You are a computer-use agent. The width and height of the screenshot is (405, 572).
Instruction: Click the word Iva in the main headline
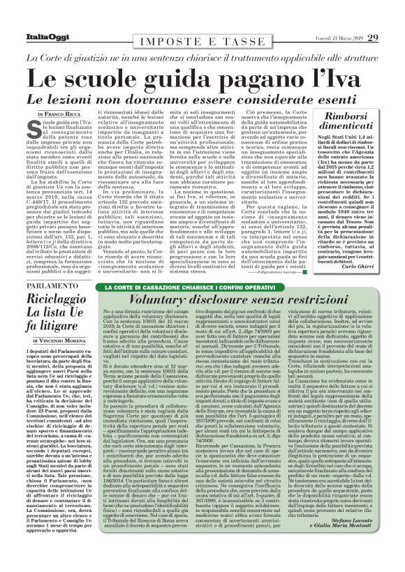[x=351, y=73]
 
